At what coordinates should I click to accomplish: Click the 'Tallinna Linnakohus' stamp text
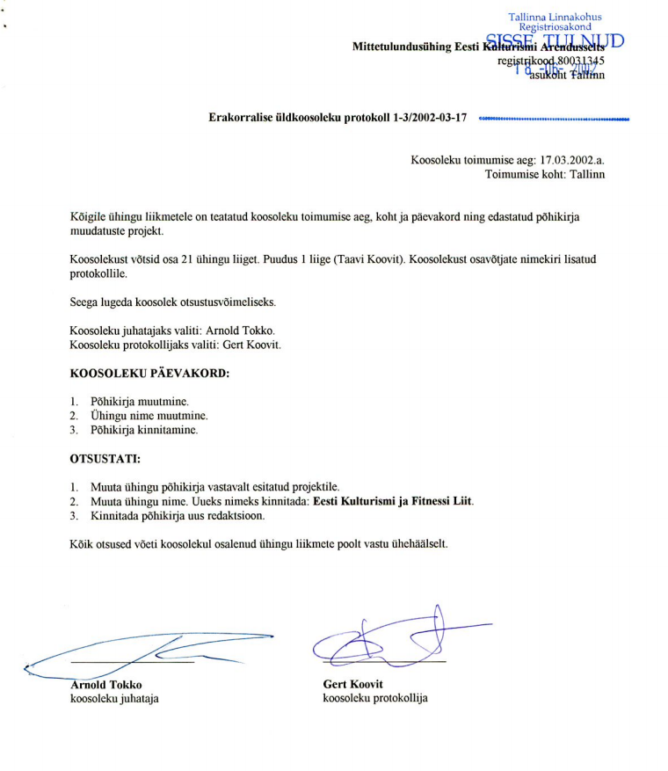click(555, 17)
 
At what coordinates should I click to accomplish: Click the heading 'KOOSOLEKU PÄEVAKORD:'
click(149, 373)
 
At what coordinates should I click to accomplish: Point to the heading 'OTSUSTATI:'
click(105, 458)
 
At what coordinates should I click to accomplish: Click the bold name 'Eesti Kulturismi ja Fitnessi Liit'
click(393, 501)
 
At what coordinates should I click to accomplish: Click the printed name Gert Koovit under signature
click(353, 685)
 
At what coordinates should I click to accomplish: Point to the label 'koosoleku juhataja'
click(114, 700)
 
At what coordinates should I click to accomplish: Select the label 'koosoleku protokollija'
click(375, 700)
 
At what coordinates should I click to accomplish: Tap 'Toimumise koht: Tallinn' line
click(545, 175)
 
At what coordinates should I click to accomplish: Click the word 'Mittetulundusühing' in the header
click(401, 46)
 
